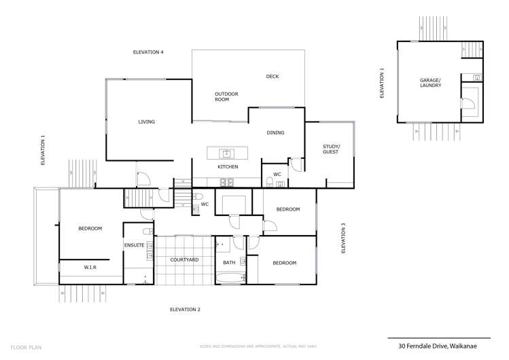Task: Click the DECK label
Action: (x=273, y=77)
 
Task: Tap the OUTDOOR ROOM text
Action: (x=226, y=96)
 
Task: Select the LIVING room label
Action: (x=147, y=122)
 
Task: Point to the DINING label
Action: (x=275, y=132)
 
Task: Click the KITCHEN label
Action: (x=227, y=166)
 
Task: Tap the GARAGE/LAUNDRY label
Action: (x=431, y=83)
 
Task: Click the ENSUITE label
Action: (x=134, y=245)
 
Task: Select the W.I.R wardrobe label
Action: (x=90, y=268)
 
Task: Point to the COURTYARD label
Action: (x=183, y=260)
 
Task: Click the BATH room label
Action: (x=229, y=263)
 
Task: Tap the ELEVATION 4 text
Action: (x=148, y=52)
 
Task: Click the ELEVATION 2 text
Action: (x=185, y=309)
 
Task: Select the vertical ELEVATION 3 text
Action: (x=344, y=238)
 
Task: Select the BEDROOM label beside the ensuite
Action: (x=90, y=229)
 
